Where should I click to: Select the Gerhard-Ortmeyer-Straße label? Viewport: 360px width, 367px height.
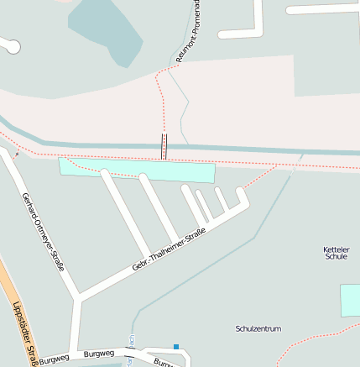(44, 236)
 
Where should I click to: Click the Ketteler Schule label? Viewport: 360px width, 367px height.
(335, 253)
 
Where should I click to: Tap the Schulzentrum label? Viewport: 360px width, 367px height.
(258, 328)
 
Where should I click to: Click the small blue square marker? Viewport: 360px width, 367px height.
(176, 346)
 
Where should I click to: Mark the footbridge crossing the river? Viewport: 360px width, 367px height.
(164, 146)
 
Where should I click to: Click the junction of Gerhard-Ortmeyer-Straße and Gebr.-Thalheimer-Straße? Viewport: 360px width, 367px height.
(78, 296)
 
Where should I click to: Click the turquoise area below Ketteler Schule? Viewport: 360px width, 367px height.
(350, 300)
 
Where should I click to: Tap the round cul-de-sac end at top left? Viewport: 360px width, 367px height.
(12, 47)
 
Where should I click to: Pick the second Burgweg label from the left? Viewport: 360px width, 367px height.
(99, 354)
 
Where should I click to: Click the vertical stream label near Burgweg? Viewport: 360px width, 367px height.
(131, 342)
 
